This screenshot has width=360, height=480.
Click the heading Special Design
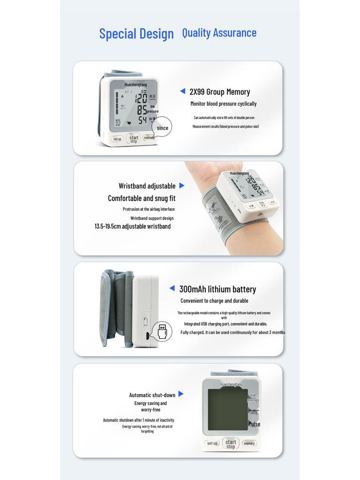click(x=136, y=34)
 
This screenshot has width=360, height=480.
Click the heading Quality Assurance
click(x=219, y=33)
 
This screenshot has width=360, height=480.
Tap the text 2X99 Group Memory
click(x=219, y=92)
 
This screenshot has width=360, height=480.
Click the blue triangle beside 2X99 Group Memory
click(x=183, y=91)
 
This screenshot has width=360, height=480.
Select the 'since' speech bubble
click(x=162, y=127)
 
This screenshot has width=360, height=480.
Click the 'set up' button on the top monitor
click(x=117, y=139)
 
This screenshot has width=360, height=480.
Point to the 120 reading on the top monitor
click(x=141, y=98)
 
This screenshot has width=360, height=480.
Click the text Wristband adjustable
click(x=147, y=186)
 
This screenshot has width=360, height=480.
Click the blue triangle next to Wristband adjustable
click(x=182, y=186)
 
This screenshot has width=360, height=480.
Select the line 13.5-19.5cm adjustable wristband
click(x=133, y=226)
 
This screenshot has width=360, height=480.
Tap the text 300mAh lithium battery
click(x=217, y=289)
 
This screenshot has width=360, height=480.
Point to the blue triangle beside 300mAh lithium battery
click(x=172, y=288)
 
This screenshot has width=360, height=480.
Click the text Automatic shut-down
click(x=152, y=395)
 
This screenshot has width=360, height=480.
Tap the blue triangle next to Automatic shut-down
click(x=181, y=394)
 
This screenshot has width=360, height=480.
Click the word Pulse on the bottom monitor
click(x=254, y=424)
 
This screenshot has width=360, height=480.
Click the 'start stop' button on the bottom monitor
click(x=231, y=443)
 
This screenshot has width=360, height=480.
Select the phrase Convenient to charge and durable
click(x=214, y=301)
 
